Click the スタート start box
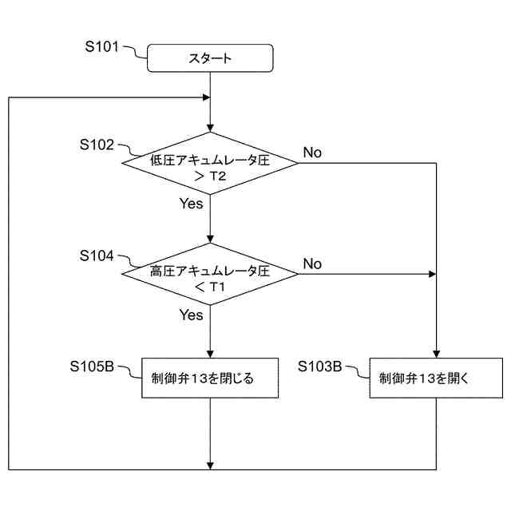click(210, 57)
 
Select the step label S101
click(101, 47)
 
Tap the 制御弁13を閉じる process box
click(210, 378)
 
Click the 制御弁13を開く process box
click(437, 378)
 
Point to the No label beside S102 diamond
click(312, 153)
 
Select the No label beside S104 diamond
click(312, 263)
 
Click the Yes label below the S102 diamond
click(191, 204)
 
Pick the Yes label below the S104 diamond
click(191, 315)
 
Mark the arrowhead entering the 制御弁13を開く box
click(437, 353)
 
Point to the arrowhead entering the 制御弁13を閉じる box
click(210, 353)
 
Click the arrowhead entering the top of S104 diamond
click(210, 240)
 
